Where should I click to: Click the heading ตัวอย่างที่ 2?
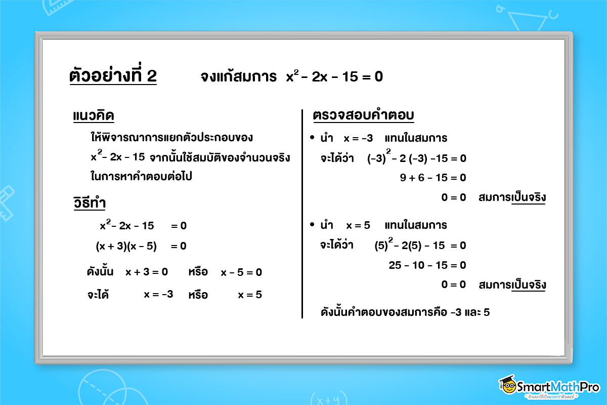(x=113, y=76)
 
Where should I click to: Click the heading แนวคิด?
(x=94, y=116)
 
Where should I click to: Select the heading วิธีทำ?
(x=90, y=203)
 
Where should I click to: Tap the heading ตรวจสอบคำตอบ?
(x=364, y=116)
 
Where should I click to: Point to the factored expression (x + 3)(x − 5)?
(x=126, y=247)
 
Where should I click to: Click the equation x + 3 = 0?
(x=147, y=272)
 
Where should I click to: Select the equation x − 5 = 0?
(x=241, y=272)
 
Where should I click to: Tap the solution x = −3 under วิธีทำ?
(x=158, y=294)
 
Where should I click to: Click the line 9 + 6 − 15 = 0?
(x=432, y=178)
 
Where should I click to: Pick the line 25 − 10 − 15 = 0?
(x=427, y=265)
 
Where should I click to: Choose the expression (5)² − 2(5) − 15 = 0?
(x=420, y=246)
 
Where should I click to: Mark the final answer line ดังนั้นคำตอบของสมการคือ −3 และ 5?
(x=405, y=312)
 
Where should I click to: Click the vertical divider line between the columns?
(x=302, y=213)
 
